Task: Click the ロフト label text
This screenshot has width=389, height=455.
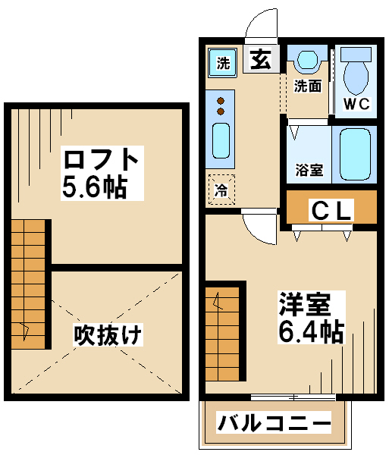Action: pyautogui.click(x=100, y=159)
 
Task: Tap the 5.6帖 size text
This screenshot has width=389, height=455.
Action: pyautogui.click(x=95, y=187)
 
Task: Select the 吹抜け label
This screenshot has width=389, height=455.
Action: pyautogui.click(x=108, y=334)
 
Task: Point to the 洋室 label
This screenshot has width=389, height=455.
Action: pyautogui.click(x=305, y=304)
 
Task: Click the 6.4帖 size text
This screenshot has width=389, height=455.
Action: pyautogui.click(x=311, y=331)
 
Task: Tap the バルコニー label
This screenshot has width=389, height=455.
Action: pyautogui.click(x=274, y=423)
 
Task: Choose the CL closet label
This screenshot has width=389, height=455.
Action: pyautogui.click(x=331, y=211)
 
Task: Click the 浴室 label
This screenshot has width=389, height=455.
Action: pyautogui.click(x=309, y=170)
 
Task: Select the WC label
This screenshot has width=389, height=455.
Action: pyautogui.click(x=356, y=104)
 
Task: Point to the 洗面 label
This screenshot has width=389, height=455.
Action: pyautogui.click(x=308, y=86)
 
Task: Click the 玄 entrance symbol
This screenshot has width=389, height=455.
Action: pyautogui.click(x=261, y=59)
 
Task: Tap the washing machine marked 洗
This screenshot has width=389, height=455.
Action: pyautogui.click(x=222, y=63)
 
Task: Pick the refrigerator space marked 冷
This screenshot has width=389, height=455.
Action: pyautogui.click(x=222, y=190)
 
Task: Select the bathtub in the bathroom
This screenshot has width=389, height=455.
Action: pyautogui.click(x=355, y=155)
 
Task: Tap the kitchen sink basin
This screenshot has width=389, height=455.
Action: pyautogui.click(x=221, y=140)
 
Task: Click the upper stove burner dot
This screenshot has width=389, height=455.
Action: pyautogui.click(x=221, y=101)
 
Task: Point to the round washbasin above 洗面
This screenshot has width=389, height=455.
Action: pyautogui.click(x=308, y=59)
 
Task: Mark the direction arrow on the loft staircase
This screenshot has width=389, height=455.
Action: pyautogui.click(x=25, y=331)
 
